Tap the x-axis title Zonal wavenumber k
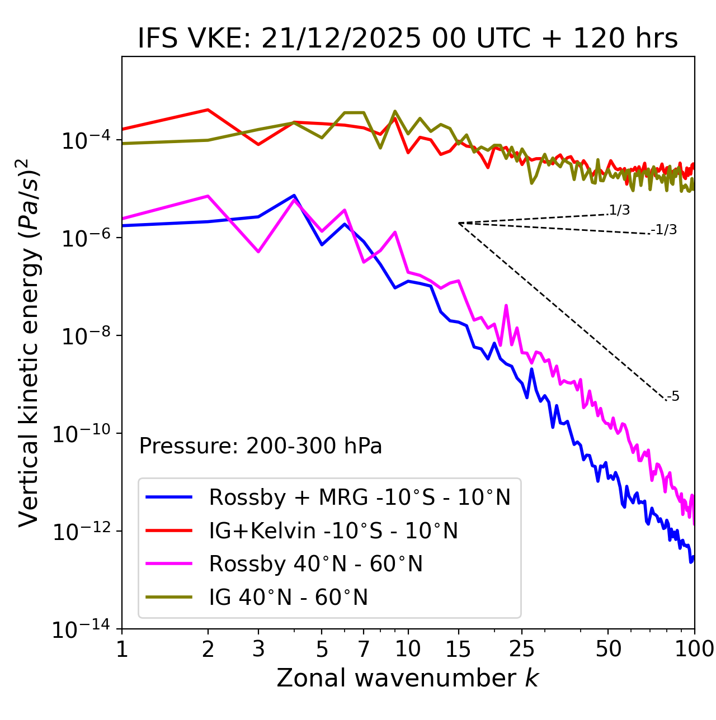point(407,678)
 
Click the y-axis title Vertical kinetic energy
point(29,342)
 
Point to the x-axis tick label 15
point(458,648)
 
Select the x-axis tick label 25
point(521,648)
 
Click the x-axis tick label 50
point(608,648)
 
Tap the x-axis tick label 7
point(364,648)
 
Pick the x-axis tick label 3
point(258,648)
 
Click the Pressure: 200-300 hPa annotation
point(260,446)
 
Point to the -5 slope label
point(673,397)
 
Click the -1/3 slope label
point(664,229)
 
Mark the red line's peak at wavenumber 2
point(208,110)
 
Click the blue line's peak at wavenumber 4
point(294,196)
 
